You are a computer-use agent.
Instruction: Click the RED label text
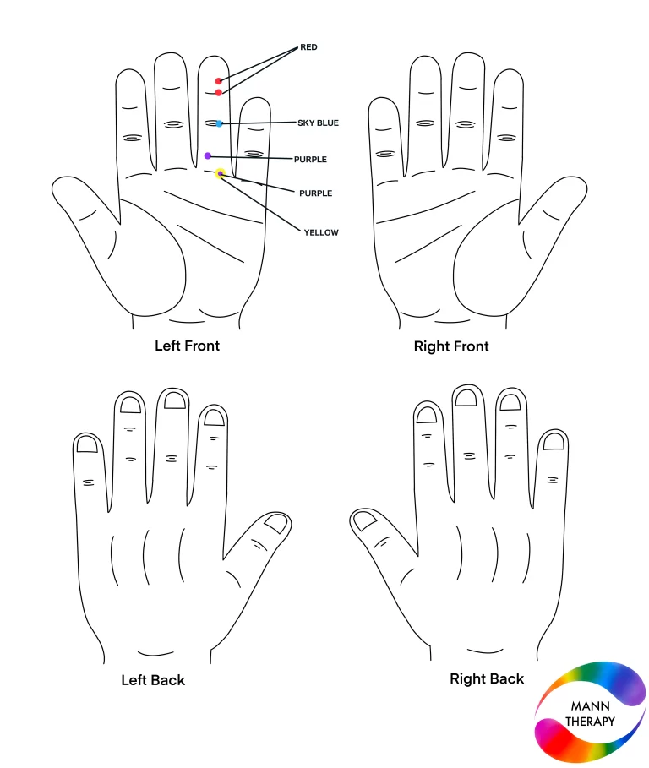308,47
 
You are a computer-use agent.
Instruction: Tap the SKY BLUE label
318,123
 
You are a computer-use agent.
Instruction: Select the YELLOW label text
321,232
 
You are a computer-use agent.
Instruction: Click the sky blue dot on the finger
219,124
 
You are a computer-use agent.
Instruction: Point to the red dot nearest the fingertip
219,81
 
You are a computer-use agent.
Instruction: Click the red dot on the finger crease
219,93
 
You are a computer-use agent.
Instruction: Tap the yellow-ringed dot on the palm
221,173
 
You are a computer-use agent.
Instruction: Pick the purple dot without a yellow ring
208,155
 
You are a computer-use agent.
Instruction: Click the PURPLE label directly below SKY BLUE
310,159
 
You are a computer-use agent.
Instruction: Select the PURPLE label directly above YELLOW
315,193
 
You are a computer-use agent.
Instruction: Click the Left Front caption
187,346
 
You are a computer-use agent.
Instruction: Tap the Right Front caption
451,346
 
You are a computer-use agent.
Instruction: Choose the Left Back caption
153,680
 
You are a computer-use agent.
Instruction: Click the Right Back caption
487,678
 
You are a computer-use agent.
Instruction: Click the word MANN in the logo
590,706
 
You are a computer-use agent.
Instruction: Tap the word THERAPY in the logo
590,722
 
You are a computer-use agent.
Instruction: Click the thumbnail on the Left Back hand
275,523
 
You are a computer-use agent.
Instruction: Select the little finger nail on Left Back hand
88,444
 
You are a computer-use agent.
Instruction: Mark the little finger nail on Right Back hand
554,442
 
